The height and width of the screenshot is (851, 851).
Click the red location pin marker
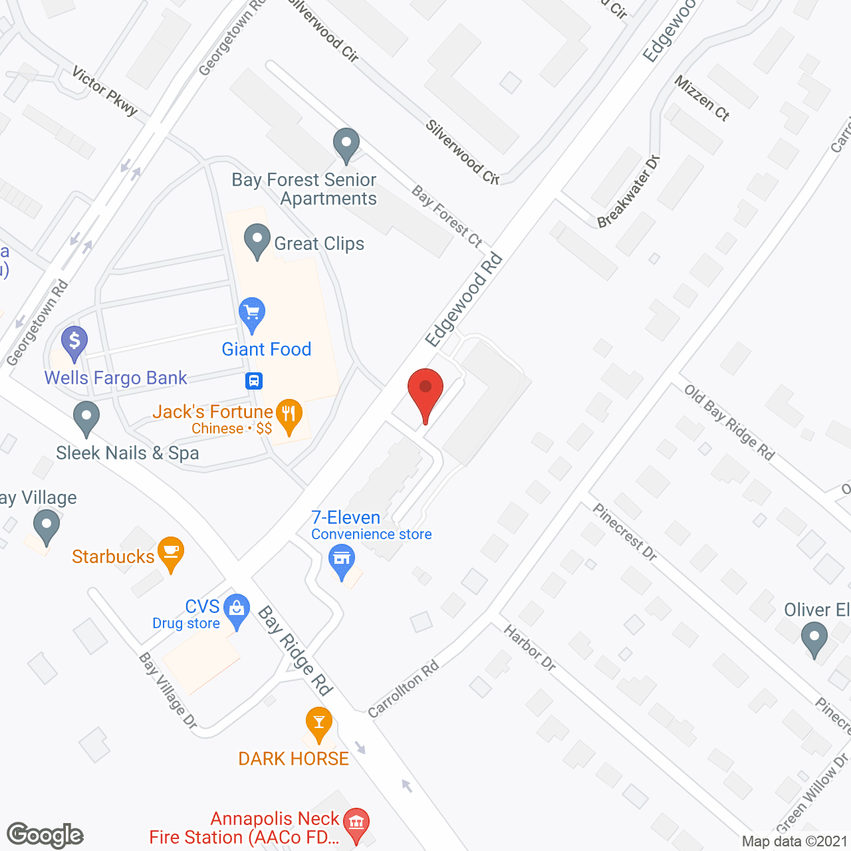pyautogui.click(x=425, y=389)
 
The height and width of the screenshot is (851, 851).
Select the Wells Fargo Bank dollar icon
pyautogui.click(x=74, y=342)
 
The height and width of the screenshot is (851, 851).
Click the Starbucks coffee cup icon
pyautogui.click(x=171, y=552)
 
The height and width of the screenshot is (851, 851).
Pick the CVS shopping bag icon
pyautogui.click(x=237, y=609)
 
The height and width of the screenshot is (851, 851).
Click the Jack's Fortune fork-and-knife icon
pyautogui.click(x=289, y=415)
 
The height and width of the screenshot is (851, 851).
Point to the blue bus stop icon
pyautogui.click(x=253, y=381)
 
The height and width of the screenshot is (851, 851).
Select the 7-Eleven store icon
pyautogui.click(x=342, y=559)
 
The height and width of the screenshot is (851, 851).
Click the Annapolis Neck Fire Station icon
pyautogui.click(x=357, y=823)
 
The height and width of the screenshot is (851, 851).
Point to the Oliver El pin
pyautogui.click(x=814, y=639)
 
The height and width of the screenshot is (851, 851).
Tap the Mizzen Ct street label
pyautogui.click(x=702, y=98)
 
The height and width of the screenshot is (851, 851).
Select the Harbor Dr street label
pyautogui.click(x=529, y=648)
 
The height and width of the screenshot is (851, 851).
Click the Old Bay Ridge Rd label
pyautogui.click(x=729, y=422)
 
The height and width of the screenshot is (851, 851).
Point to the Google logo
pyautogui.click(x=45, y=835)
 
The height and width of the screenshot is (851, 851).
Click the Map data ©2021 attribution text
pyautogui.click(x=794, y=842)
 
